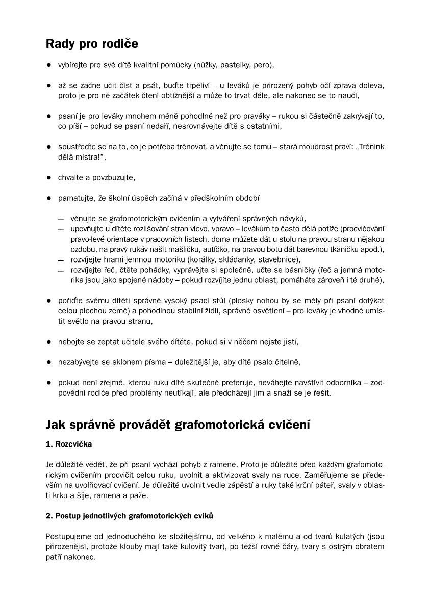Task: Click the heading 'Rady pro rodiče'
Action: [92, 44]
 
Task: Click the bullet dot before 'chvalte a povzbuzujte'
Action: [49, 178]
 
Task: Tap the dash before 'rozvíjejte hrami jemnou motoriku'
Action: [61, 260]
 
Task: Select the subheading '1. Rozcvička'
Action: [69, 444]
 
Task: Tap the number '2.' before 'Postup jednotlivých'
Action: [49, 516]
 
